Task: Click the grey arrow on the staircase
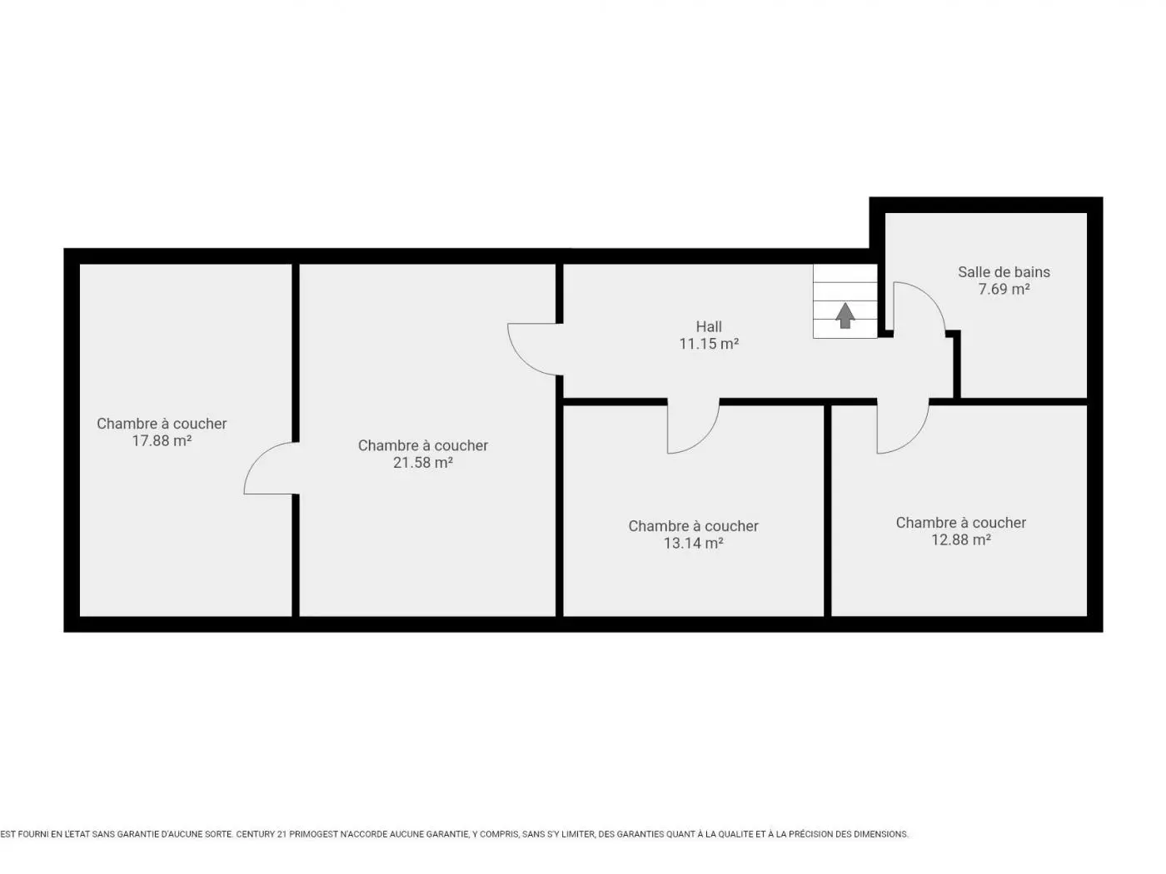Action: (845, 315)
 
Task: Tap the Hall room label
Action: (709, 326)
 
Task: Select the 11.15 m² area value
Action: (709, 344)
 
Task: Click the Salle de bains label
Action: (1004, 272)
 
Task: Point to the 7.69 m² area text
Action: (1004, 289)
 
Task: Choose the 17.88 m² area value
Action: (162, 441)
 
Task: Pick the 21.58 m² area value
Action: (423, 463)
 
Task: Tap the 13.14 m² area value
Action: (693, 544)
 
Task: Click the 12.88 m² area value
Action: (960, 539)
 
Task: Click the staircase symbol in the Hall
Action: (845, 300)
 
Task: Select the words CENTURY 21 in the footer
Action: (256, 834)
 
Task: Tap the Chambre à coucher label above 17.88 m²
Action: (162, 424)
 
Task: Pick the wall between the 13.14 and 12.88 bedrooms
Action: (827, 510)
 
